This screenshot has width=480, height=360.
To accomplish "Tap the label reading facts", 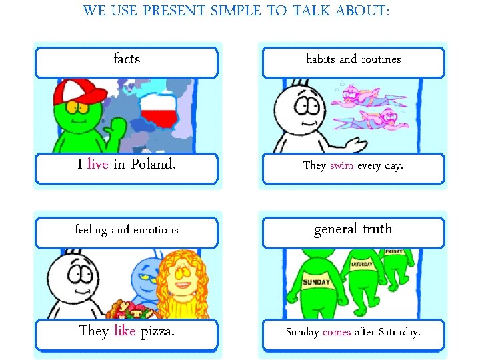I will pos(127,59).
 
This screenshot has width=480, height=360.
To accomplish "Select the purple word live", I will pos(97,165).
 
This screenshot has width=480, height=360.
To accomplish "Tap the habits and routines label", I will pos(353,59).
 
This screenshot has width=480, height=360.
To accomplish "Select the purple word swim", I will pos(341,165).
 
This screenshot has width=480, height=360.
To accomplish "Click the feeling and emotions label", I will pos(127,230).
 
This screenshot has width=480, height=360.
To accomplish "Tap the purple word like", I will pos(125,331).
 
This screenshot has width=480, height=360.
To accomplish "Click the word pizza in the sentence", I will pos(157,331).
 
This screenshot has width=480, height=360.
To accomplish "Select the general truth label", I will pos(353,229).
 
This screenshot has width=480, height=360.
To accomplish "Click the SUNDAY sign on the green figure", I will pos(316,282).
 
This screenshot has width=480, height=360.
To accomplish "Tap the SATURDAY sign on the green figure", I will pos(362,263).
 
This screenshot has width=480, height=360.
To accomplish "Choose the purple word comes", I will pos(337,331).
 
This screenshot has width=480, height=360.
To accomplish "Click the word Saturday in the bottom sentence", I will pos(399,331).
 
